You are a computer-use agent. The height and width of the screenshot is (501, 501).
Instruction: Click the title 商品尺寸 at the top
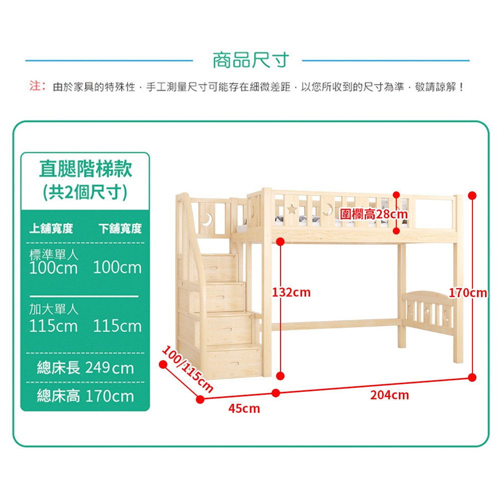[251, 61]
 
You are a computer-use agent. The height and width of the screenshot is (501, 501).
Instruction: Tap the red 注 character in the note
[35, 87]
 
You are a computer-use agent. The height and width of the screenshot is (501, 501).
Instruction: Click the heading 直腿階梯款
[85, 169]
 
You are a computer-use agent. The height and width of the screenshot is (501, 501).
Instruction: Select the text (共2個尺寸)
[85, 192]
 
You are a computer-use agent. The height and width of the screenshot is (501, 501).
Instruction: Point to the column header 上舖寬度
[51, 229]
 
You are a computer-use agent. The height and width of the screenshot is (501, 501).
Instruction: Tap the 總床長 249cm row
[85, 368]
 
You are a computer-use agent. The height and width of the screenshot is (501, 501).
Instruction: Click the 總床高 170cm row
[85, 397]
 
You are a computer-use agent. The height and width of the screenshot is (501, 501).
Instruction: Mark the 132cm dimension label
[292, 292]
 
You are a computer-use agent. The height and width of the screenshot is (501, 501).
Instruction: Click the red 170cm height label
[468, 293]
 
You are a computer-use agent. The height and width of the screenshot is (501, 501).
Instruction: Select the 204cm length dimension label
[390, 395]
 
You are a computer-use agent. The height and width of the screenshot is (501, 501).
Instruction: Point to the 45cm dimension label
[244, 409]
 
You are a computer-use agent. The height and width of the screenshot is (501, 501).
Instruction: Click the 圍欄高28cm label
[374, 214]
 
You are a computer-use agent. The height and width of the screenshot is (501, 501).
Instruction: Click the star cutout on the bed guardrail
[292, 209]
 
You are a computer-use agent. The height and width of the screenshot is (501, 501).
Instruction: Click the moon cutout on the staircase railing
[207, 218]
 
